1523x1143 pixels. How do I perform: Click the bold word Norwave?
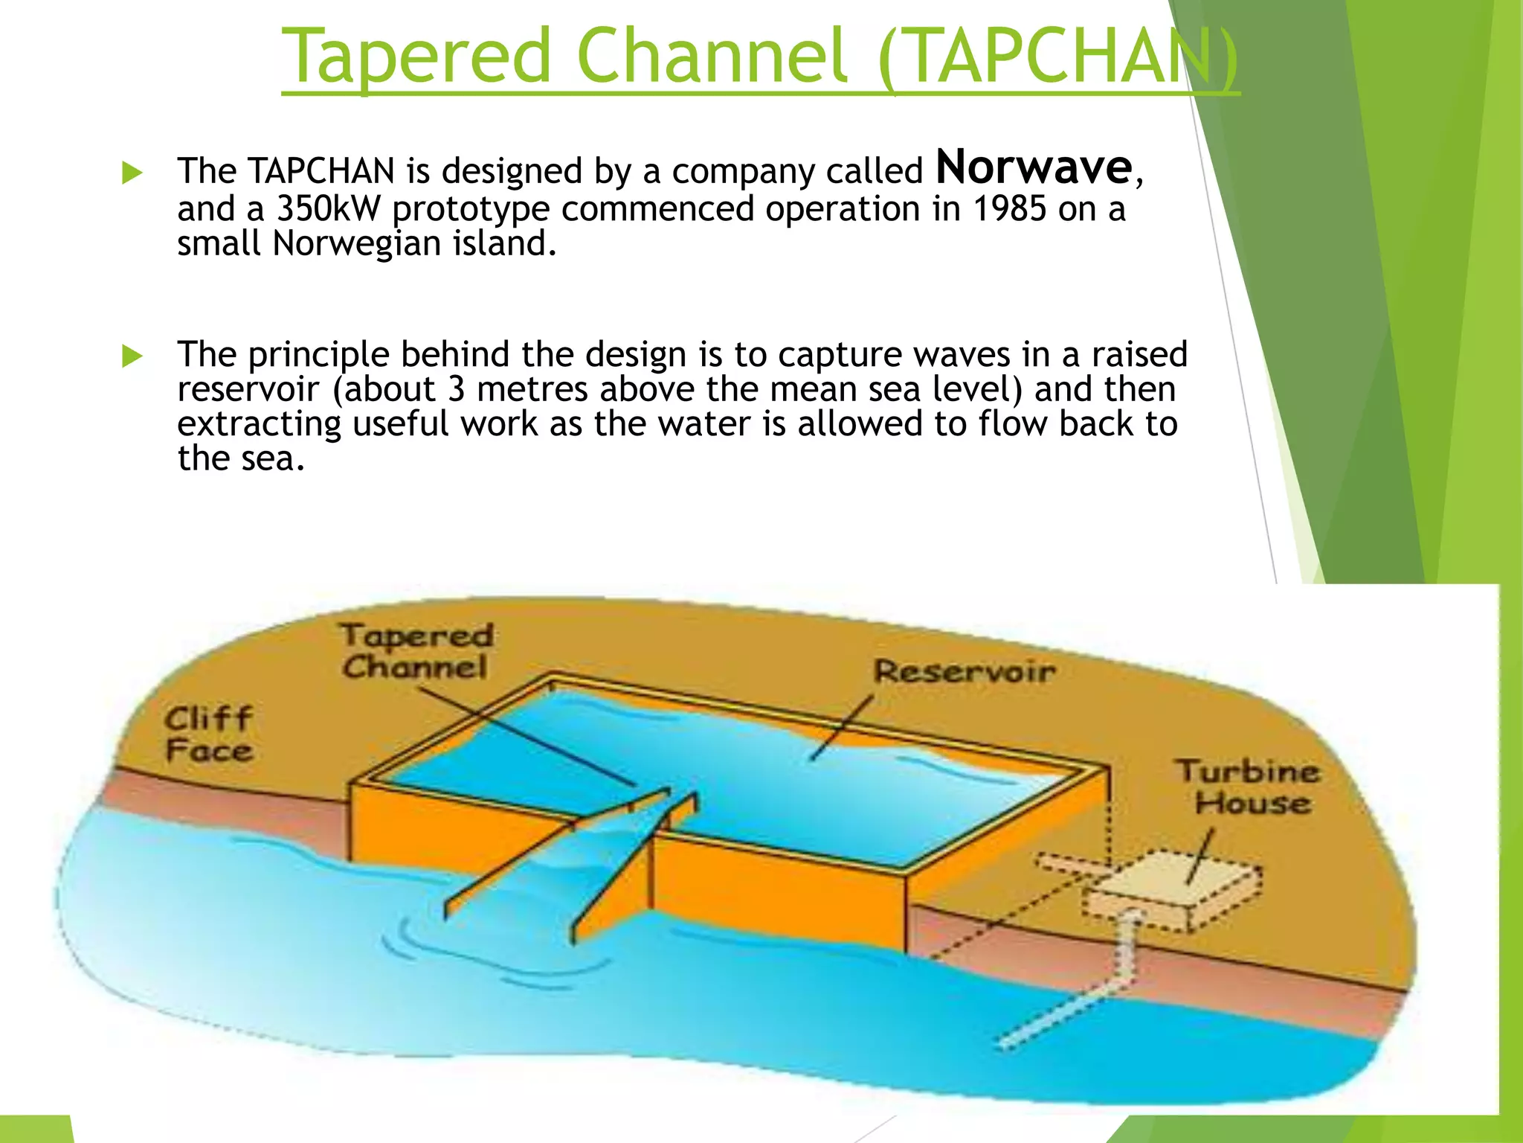tap(1034, 168)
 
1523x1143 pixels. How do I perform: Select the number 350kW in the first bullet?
tap(328, 209)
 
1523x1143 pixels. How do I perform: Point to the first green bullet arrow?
tap(132, 173)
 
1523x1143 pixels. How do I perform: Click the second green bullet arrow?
tap(132, 356)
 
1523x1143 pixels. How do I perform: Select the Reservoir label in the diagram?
tap(964, 672)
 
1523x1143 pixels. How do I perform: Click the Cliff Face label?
tap(209, 734)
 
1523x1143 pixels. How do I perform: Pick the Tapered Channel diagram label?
tap(416, 651)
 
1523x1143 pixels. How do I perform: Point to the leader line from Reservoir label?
tap(842, 729)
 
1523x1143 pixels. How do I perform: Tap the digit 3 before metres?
tap(456, 390)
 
